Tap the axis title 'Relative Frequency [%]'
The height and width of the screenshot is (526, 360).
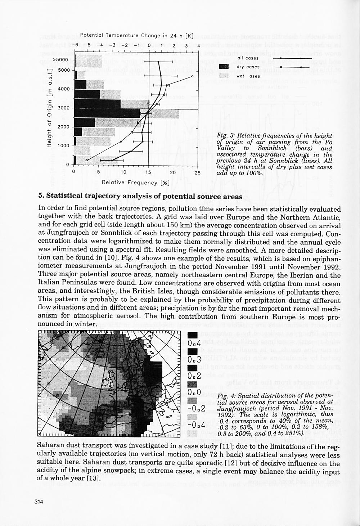point(135,183)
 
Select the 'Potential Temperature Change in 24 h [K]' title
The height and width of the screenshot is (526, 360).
point(137,36)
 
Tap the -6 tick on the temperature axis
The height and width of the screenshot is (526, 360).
point(75,46)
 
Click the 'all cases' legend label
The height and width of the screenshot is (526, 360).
point(248,58)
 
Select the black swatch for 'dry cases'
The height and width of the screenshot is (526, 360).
point(224,67)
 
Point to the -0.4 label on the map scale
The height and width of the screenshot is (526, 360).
point(196,425)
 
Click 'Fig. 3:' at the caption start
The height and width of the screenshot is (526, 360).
point(225,136)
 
